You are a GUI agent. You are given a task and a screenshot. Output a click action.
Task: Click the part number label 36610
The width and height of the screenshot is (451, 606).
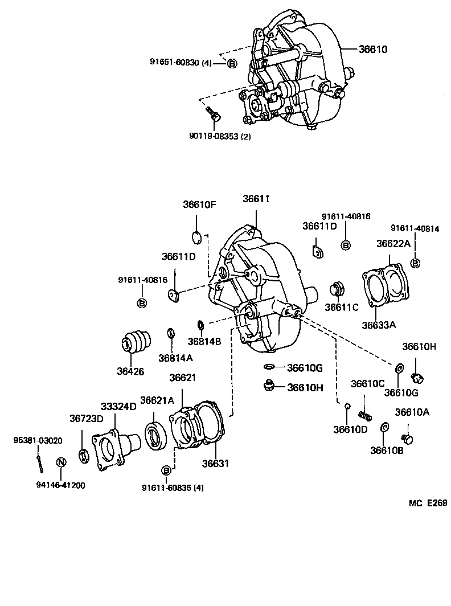click(373, 50)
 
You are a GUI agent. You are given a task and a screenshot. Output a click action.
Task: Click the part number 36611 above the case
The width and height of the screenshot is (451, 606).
click(256, 199)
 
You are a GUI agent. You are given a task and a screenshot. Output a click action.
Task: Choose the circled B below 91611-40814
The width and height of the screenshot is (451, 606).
click(415, 263)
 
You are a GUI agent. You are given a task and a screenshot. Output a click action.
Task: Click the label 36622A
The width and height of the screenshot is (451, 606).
click(393, 243)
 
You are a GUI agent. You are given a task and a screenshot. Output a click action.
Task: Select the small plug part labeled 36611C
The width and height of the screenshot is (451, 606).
click(339, 288)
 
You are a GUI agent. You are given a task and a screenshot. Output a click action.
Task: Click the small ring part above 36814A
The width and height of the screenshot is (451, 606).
click(170, 333)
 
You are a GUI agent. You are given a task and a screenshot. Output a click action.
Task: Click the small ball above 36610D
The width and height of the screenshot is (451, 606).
click(346, 406)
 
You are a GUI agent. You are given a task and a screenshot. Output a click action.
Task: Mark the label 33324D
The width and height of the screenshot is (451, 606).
click(118, 406)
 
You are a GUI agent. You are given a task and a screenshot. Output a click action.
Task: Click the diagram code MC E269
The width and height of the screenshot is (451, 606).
click(428, 503)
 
